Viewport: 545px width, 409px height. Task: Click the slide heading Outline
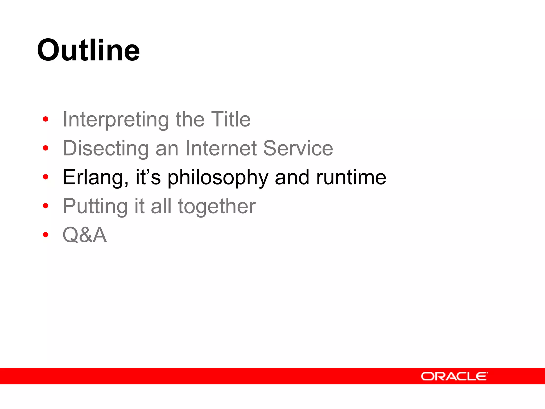(88, 50)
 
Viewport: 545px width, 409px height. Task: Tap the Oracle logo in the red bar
(454, 376)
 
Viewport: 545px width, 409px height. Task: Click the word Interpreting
(116, 120)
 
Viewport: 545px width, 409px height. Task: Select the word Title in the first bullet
(231, 119)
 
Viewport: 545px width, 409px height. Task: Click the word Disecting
(106, 148)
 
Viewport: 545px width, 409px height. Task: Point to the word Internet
(221, 148)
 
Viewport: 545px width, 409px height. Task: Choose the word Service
(298, 148)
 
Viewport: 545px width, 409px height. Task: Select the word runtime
(351, 177)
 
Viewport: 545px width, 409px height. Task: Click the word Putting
(95, 206)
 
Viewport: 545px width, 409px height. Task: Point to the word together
(217, 207)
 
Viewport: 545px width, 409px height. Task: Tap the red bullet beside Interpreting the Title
(46, 119)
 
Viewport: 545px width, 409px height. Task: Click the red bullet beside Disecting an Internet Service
(46, 148)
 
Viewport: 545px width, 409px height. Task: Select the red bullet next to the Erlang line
(46, 177)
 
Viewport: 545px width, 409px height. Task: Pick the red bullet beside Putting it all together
(46, 206)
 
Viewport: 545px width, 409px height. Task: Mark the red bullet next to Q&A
(46, 235)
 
